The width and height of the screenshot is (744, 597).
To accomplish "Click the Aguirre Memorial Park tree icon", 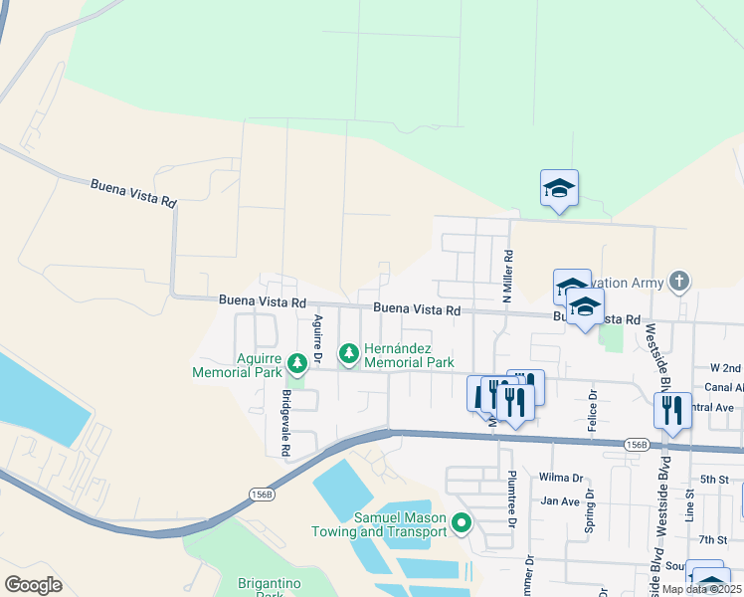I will (295, 360).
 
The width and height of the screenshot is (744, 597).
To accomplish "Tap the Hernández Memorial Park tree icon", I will (348, 353).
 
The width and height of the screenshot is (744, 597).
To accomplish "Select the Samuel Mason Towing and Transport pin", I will (461, 522).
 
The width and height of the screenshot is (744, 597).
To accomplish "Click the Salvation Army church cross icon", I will (679, 283).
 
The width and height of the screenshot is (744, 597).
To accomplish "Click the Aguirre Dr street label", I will (318, 338).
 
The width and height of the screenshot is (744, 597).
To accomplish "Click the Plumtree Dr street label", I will (512, 498).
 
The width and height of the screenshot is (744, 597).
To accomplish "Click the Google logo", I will (34, 585).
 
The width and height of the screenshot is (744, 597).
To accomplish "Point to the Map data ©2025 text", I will (701, 589).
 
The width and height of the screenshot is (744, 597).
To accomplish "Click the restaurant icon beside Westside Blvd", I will (672, 411).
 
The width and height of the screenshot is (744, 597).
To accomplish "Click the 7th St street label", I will (713, 539).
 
